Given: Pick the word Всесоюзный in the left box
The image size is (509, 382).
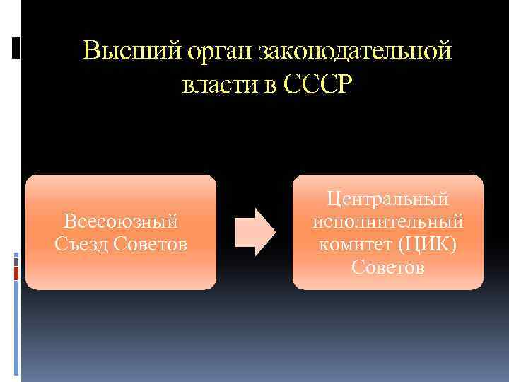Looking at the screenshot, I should (x=121, y=222).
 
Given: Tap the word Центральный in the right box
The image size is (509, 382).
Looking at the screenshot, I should (x=388, y=199).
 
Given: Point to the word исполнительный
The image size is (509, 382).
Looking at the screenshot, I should (x=388, y=222).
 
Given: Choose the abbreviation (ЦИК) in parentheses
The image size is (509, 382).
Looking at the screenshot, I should (x=429, y=244).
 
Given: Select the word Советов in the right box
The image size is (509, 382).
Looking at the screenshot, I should (x=388, y=267).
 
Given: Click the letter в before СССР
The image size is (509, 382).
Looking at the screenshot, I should (x=271, y=86).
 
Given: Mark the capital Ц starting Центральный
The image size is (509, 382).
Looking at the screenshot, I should (x=332, y=199).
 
